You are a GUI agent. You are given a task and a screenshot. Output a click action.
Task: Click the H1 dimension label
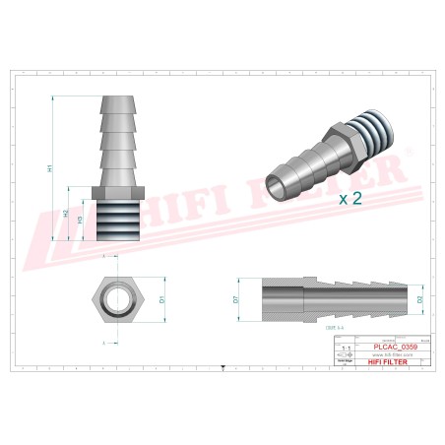pos(50,169)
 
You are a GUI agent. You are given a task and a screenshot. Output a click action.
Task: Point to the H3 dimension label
pos(80,221)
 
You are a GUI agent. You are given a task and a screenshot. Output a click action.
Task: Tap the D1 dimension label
pos(160,293)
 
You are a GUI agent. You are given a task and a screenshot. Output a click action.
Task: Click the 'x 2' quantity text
pos(351,198)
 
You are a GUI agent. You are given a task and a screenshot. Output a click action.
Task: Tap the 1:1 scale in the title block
pos(344,349)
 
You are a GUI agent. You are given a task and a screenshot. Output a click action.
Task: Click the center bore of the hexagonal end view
pos(119,293)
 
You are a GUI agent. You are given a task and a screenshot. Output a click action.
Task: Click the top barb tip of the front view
pos(119,101)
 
